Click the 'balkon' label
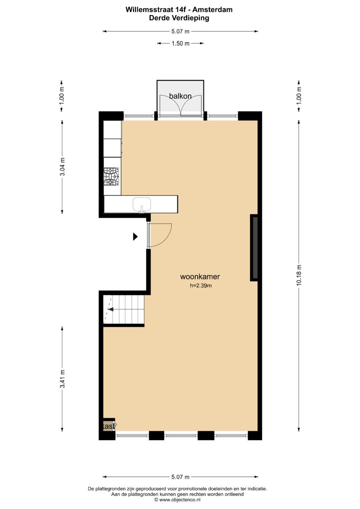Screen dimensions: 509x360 pyautogui.click(x=180, y=96)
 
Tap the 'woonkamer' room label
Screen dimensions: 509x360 pyautogui.click(x=200, y=276)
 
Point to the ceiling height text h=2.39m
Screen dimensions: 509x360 pyautogui.click(x=201, y=285)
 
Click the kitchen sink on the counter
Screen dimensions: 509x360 pyautogui.click(x=142, y=204)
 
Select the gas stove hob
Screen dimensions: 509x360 pyautogui.click(x=111, y=176)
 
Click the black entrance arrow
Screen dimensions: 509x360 pyautogui.click(x=135, y=237)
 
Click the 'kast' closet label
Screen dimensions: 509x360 pyautogui.click(x=108, y=426)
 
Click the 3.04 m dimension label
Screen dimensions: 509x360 pyautogui.click(x=62, y=167)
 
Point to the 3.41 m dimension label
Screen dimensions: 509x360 pyautogui.click(x=62, y=379)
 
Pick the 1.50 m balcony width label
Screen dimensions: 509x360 pyautogui.click(x=180, y=43)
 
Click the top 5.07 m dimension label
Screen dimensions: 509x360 pyautogui.click(x=180, y=31)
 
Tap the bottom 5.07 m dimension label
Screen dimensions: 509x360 pyautogui.click(x=180, y=477)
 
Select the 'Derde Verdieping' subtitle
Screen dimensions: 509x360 pyautogui.click(x=179, y=18)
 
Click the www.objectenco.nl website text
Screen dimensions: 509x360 pyautogui.click(x=180, y=500)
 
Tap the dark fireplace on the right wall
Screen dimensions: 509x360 pyautogui.click(x=254, y=248)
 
